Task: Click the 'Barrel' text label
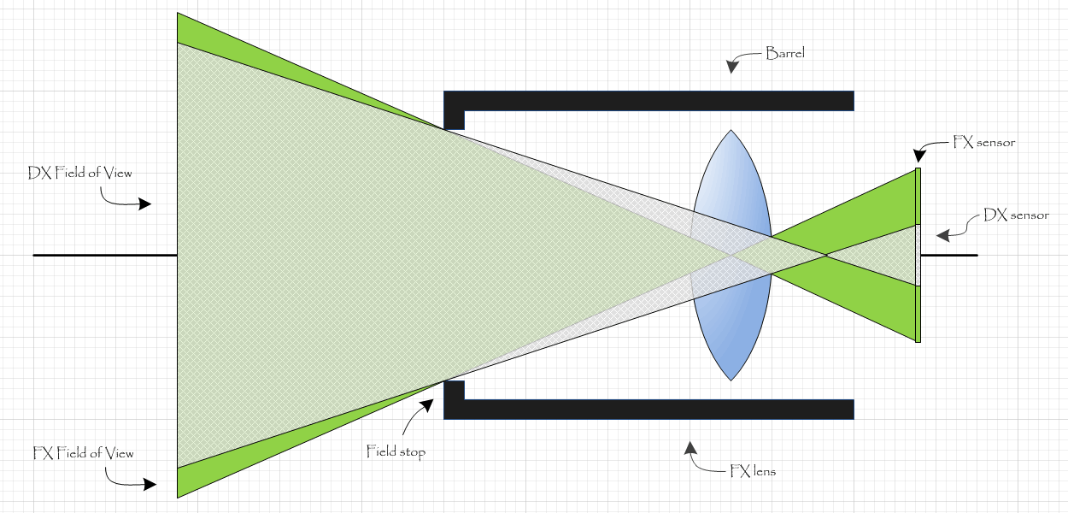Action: click(784, 53)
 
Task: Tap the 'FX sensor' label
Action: click(983, 142)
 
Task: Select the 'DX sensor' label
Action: click(1016, 215)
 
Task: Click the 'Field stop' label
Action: click(395, 451)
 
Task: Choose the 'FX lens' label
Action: click(753, 470)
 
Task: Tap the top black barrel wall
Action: click(649, 100)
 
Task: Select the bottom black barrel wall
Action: click(649, 410)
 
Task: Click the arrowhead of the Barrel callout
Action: click(731, 68)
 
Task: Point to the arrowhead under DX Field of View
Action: click(144, 204)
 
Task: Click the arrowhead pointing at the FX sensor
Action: click(919, 156)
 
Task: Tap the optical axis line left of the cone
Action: click(103, 255)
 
